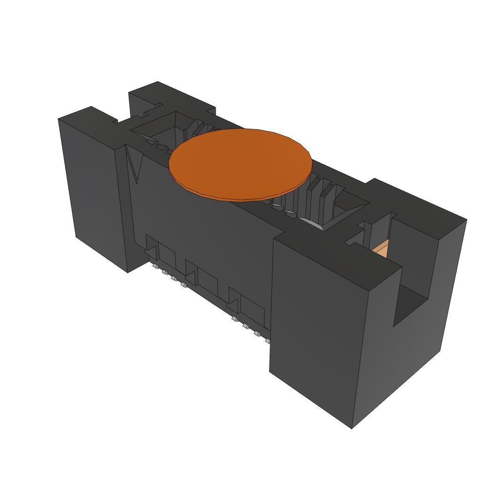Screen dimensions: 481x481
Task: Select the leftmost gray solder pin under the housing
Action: click(x=155, y=266)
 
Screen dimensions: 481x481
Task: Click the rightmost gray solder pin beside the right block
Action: click(x=268, y=341)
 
